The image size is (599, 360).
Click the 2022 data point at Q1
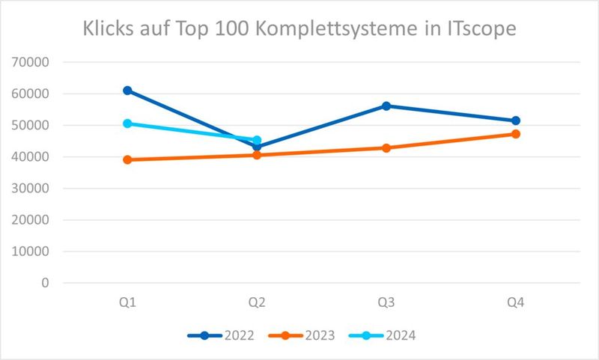pyautogui.click(x=127, y=91)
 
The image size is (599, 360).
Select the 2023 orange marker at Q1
pyautogui.click(x=127, y=159)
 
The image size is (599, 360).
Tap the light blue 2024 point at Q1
pyautogui.click(x=127, y=123)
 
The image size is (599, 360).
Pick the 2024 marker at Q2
pyautogui.click(x=257, y=140)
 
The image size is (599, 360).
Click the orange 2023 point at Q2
pyautogui.click(x=257, y=155)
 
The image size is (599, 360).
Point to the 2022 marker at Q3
pyautogui.click(x=386, y=106)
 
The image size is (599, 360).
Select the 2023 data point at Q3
pyautogui.click(x=386, y=147)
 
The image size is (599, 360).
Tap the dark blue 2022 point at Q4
pyautogui.click(x=516, y=120)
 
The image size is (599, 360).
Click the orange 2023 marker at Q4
pyautogui.click(x=516, y=134)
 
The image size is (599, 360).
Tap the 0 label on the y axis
pyautogui.click(x=45, y=283)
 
